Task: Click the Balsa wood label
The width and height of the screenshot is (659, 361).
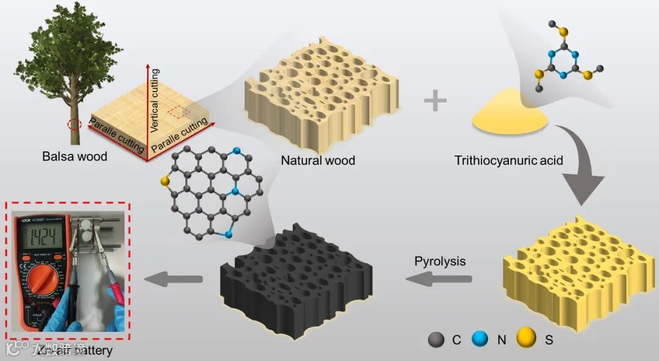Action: pos(74,156)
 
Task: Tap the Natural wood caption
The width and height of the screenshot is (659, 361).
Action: pos(318,161)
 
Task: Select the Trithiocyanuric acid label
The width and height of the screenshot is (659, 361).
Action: pos(508,161)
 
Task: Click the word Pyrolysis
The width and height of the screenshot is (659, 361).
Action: pos(440,261)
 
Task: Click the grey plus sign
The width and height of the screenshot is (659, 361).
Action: pos(435,101)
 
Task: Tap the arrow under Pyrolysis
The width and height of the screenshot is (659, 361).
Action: pos(439,279)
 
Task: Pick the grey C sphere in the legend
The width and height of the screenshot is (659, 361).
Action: pos(437,340)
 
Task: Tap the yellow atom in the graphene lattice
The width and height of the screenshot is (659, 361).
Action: pos(164,181)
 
